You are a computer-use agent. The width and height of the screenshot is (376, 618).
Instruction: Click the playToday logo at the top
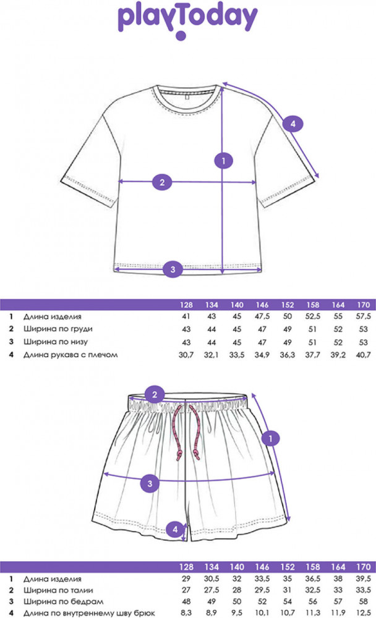click(x=188, y=20)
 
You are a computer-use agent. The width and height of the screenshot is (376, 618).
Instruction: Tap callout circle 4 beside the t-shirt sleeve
click(x=293, y=124)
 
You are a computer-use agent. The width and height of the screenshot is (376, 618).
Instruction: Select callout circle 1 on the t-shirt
click(x=223, y=161)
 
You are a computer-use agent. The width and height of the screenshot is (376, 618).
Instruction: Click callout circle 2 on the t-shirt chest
click(x=162, y=182)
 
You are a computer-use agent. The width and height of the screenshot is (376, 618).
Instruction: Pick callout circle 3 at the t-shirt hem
click(x=173, y=269)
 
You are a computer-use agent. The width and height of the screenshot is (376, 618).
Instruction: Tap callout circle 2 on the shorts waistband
click(x=155, y=394)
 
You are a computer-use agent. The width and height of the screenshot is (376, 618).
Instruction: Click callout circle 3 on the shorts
click(x=150, y=483)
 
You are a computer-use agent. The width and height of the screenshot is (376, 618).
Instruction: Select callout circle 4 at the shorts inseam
click(x=175, y=530)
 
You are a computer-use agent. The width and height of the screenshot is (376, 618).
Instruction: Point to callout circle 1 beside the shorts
click(x=271, y=438)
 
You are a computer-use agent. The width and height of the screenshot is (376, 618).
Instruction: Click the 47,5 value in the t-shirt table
click(x=262, y=316)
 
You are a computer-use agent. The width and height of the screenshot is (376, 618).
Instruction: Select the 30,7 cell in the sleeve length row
click(x=186, y=355)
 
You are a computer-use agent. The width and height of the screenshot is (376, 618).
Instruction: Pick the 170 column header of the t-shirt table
click(x=364, y=305)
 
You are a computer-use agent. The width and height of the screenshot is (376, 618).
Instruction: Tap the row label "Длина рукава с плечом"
click(x=70, y=355)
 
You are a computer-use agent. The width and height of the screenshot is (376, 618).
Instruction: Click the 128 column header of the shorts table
click(x=186, y=567)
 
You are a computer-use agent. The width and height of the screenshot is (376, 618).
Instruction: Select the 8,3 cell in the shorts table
click(x=186, y=613)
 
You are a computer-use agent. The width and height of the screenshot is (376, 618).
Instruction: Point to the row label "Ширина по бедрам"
click(x=63, y=602)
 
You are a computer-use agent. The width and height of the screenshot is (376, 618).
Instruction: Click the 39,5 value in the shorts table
click(x=364, y=578)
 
